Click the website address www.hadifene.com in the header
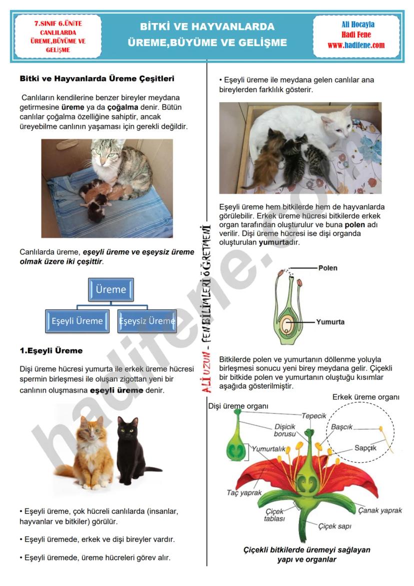pos(356,45)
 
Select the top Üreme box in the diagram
pos(110,290)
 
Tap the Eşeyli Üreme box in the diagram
pos(77,321)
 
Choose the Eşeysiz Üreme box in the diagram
pos(147,321)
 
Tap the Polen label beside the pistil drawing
pos(327,268)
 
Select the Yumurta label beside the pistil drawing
pos(330,322)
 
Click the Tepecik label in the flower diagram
pos(314,416)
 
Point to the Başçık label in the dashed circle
pos(342,427)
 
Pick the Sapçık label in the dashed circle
pos(365,448)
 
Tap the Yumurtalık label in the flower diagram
pos(268,449)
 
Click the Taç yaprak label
pos(244,492)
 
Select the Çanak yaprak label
pos(380,510)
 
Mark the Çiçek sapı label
pos(334,526)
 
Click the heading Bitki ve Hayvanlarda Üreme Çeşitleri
pos(97,79)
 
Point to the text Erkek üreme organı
pos(365,397)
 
